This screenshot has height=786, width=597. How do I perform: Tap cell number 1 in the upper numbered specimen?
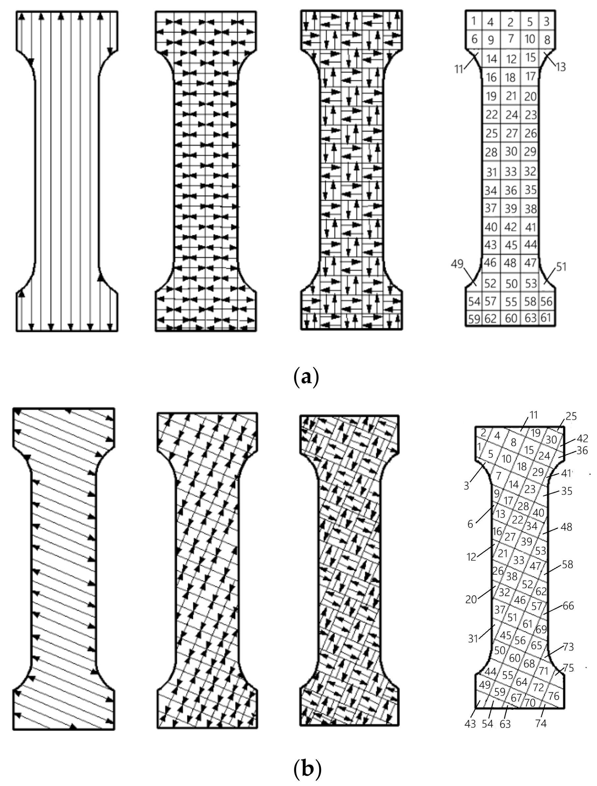click(474, 21)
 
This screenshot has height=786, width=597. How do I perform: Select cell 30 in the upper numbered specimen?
click(511, 151)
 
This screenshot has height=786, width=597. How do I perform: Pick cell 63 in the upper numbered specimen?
click(530, 318)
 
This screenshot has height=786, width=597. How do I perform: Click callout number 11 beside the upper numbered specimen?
click(459, 68)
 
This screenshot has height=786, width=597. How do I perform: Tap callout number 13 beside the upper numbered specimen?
click(561, 67)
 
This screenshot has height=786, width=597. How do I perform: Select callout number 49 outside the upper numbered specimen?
click(457, 264)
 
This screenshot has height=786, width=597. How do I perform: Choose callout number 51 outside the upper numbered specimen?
click(561, 267)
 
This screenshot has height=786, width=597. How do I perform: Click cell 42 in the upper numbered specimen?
click(511, 227)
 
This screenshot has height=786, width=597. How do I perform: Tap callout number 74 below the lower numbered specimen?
click(541, 722)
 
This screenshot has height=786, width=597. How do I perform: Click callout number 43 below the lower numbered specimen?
click(470, 723)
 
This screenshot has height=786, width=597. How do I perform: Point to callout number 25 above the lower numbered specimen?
click(571, 416)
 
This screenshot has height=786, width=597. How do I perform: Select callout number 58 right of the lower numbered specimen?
click(568, 564)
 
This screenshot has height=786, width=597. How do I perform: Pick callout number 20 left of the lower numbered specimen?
click(471, 599)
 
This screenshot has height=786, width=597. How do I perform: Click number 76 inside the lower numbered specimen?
click(554, 695)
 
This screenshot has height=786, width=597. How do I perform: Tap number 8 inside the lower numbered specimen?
click(513, 442)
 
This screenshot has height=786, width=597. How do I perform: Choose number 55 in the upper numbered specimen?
click(511, 302)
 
